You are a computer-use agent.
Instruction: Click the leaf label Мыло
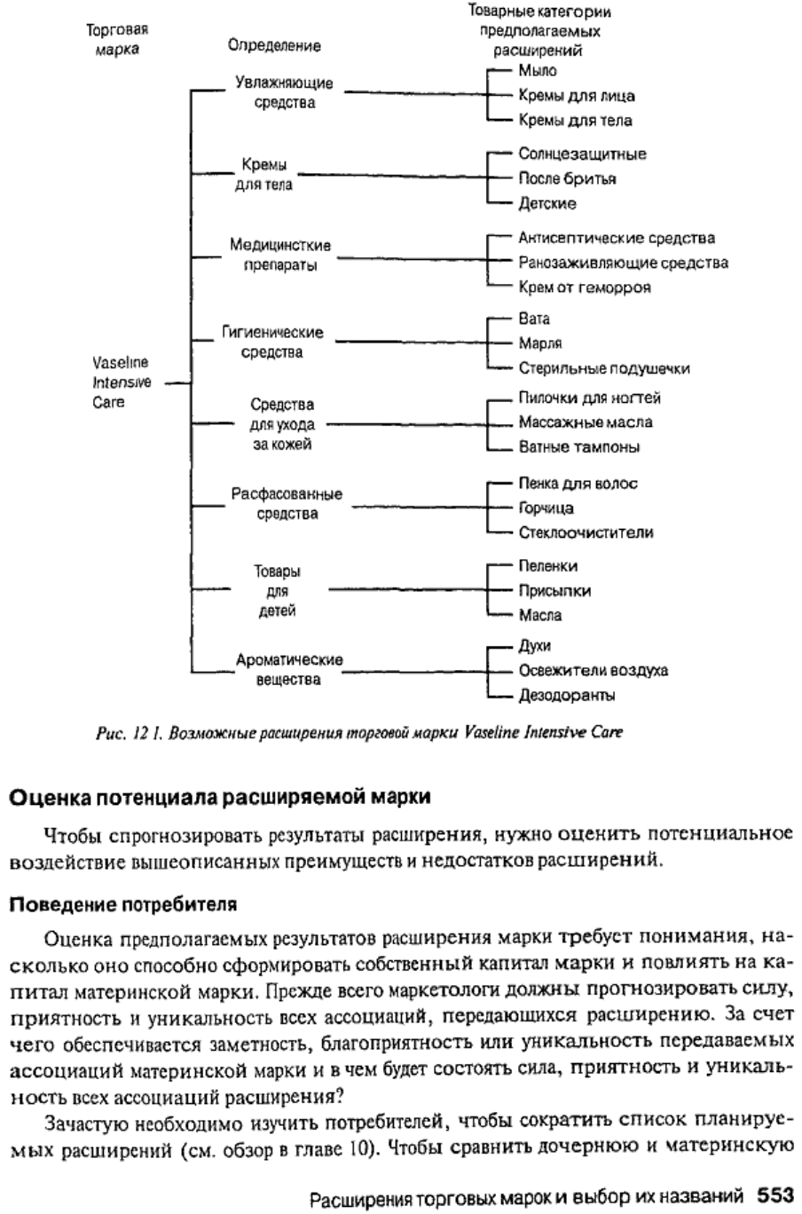tap(537, 70)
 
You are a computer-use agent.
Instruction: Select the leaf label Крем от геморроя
tap(585, 288)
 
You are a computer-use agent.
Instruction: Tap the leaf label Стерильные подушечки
tap(604, 368)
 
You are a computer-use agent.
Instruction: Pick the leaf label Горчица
tap(546, 508)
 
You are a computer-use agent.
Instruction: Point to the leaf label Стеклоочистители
tap(586, 532)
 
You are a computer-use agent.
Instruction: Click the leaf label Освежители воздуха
tap(594, 670)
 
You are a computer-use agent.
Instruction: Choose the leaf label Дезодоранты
tap(567, 695)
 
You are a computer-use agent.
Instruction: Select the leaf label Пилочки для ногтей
tap(590, 398)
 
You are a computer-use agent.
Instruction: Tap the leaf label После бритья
tap(567, 178)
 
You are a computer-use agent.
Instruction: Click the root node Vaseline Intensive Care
tap(121, 382)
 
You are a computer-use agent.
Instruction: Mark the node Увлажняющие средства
tap(285, 92)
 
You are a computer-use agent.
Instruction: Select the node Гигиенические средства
tap(272, 342)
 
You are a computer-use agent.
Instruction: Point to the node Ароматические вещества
tap(289, 669)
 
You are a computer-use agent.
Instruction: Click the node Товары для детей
tap(278, 591)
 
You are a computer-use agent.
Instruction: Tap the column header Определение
tap(274, 45)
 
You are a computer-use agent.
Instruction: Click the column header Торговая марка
tap(117, 39)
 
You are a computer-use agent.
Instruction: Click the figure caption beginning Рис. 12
tap(359, 733)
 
